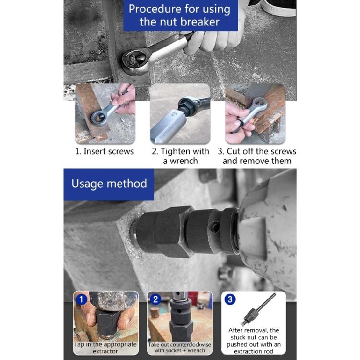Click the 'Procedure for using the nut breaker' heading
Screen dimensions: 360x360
pos(180,15)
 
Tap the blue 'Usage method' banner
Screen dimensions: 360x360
pos(109,184)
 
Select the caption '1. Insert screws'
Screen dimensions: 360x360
pos(104,151)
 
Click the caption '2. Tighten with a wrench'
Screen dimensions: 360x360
pos(180,156)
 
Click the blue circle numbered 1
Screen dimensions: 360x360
pos(82,299)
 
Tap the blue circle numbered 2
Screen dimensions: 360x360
pos(156,299)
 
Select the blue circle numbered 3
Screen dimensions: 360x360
pos(230,299)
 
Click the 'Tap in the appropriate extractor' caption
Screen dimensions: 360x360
pos(106,348)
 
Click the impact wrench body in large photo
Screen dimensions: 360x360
pos(269,226)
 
